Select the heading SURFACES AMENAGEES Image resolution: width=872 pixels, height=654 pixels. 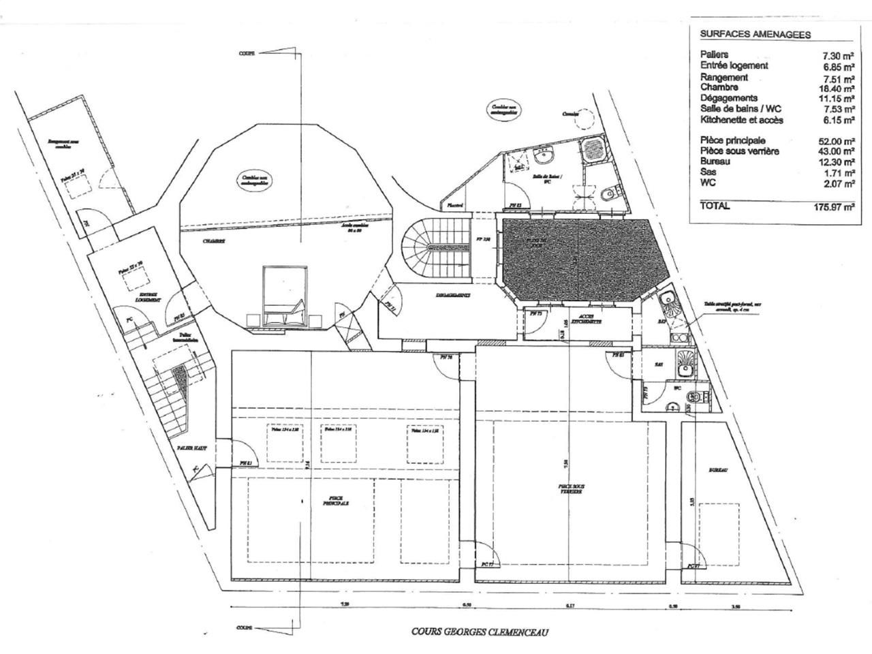(745, 35)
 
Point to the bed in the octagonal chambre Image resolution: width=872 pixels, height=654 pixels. (284, 297)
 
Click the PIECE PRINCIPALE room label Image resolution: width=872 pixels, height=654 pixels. (335, 501)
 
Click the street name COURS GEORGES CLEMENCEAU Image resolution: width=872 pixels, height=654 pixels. (480, 632)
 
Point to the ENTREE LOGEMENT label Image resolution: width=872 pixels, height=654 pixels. (146, 296)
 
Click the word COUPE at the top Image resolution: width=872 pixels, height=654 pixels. (246, 53)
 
